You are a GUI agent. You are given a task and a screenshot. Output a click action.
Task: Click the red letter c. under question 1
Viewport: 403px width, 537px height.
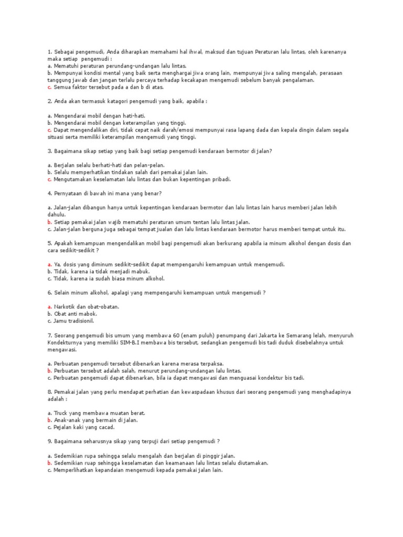pyautogui.click(x=49, y=88)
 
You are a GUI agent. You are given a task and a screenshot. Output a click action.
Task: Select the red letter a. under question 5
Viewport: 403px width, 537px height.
pyautogui.click(x=49, y=264)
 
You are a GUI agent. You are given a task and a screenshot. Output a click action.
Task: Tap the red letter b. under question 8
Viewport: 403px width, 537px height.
pyautogui.click(x=49, y=420)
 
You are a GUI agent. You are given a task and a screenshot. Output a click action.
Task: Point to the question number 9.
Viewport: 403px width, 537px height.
pyautogui.click(x=49, y=442)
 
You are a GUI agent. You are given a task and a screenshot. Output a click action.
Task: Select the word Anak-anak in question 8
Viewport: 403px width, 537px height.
pyautogui.click(x=68, y=420)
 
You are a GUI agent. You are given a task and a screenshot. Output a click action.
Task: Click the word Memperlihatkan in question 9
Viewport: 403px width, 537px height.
pyautogui.click(x=76, y=470)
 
